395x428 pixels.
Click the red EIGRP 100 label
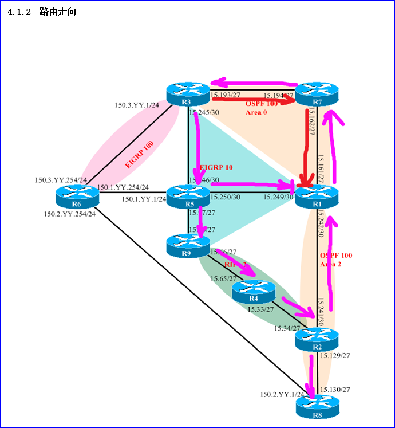click(x=140, y=155)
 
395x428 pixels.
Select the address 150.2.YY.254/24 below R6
click(x=70, y=214)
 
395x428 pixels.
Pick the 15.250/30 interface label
click(x=226, y=197)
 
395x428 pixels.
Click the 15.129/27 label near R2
click(x=335, y=355)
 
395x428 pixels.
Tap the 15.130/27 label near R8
click(x=335, y=389)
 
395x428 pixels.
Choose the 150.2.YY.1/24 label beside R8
click(x=282, y=394)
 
